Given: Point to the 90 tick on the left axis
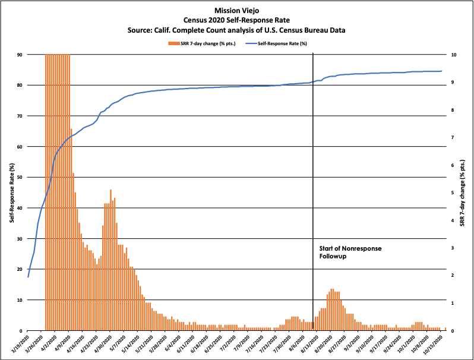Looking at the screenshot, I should (x=20, y=55).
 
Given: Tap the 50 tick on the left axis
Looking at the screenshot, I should (x=20, y=177).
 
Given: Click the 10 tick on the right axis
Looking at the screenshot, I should (x=453, y=55).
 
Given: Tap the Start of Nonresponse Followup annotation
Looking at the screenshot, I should (x=347, y=252).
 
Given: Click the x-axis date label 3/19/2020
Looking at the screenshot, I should (x=20, y=344).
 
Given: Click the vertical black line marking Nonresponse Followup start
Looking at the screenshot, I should (x=313, y=178).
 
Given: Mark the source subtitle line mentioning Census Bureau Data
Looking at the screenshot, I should (x=236, y=30).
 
